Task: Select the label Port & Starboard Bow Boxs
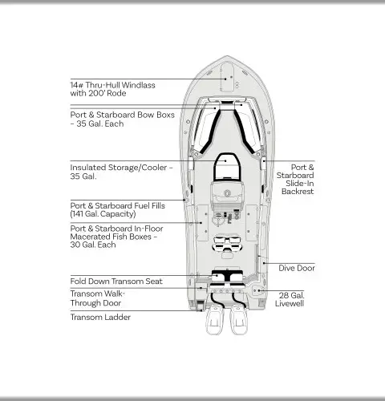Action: pos(123,115)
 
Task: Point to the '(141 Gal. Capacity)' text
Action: pos(103,214)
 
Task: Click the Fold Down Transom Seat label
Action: pos(116,282)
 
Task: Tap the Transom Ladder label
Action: pos(100,318)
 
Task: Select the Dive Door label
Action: pos(297,268)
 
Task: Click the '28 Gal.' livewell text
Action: pos(291,296)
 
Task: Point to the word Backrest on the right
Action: pos(298,192)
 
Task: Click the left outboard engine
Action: pos(214,320)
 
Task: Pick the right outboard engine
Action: pos(239,320)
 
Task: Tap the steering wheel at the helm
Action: pos(227,192)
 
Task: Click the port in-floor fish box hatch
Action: pos(202,223)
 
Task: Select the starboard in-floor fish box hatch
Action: pos(251,223)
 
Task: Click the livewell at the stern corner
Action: pos(257,290)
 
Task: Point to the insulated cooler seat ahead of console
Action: pos(227,166)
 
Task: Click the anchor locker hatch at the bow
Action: pos(227,77)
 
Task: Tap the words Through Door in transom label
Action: pos(95,303)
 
